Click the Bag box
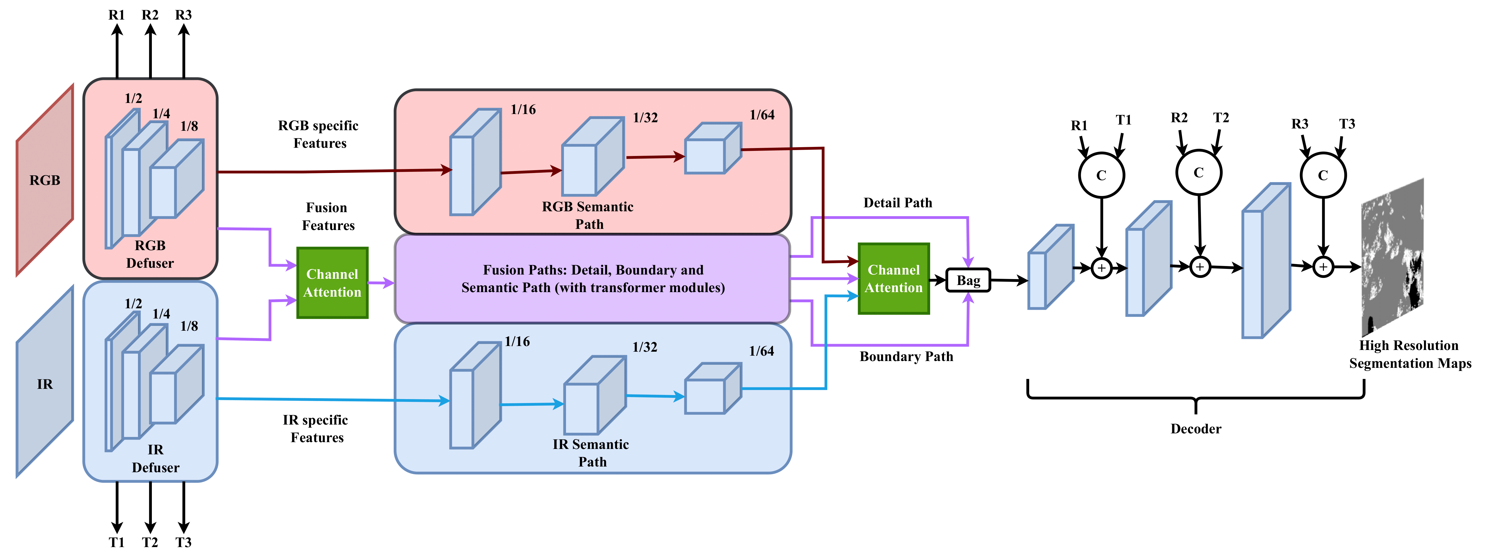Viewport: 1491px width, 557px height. point(968,280)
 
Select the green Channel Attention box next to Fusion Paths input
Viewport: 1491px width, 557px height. point(332,283)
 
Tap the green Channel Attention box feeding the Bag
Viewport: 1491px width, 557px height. point(894,279)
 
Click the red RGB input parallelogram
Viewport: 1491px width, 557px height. point(45,180)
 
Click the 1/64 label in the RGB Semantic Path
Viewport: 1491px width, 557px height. point(762,115)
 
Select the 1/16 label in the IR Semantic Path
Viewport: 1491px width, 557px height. point(517,342)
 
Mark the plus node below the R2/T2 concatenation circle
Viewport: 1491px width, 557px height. point(1200,267)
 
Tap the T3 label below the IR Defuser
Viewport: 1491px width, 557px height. point(183,543)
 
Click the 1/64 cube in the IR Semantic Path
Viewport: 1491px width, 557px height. point(712,389)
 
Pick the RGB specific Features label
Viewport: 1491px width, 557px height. point(319,134)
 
